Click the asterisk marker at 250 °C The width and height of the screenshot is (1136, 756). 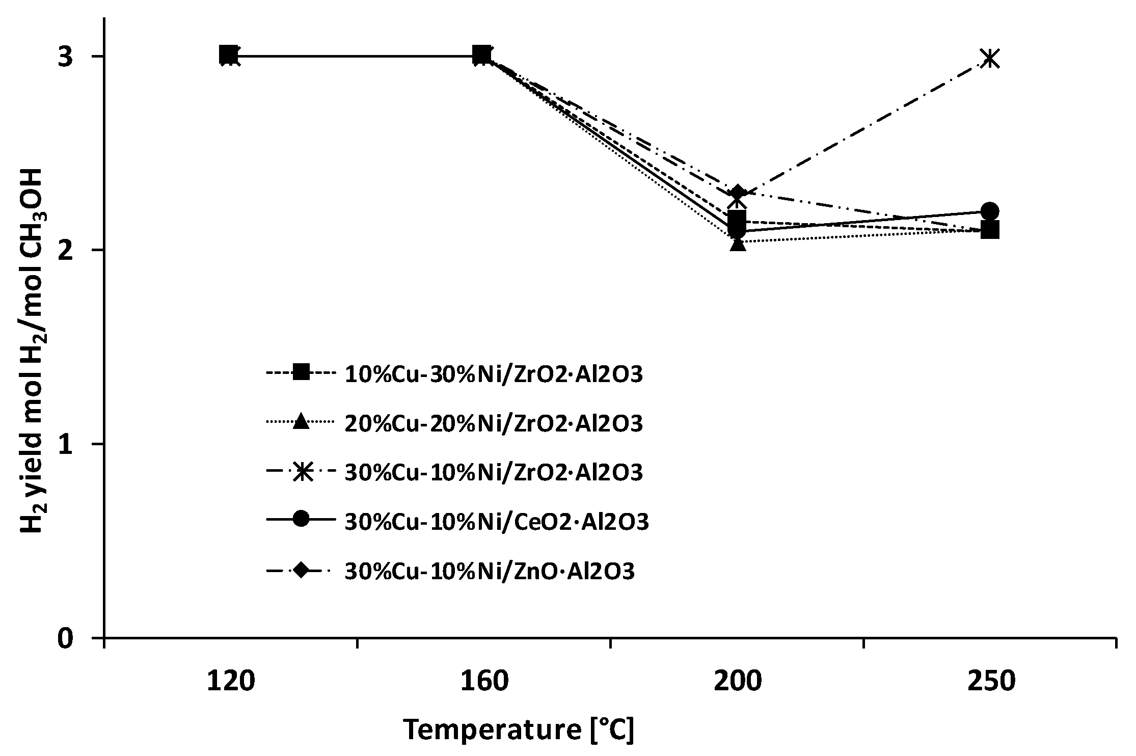point(989,59)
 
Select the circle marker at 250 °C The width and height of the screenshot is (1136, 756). point(989,211)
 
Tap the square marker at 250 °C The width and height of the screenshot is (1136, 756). point(989,230)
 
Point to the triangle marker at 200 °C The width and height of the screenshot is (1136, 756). point(738,244)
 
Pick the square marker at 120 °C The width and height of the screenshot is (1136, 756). point(229,54)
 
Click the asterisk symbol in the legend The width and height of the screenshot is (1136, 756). point(302,472)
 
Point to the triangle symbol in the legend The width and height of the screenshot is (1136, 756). point(302,422)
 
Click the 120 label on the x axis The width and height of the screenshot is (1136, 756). point(230,682)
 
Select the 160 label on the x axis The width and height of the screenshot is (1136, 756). point(484,682)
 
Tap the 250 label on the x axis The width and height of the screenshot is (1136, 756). point(991,682)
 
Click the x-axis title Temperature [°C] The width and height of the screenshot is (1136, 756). point(519,730)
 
